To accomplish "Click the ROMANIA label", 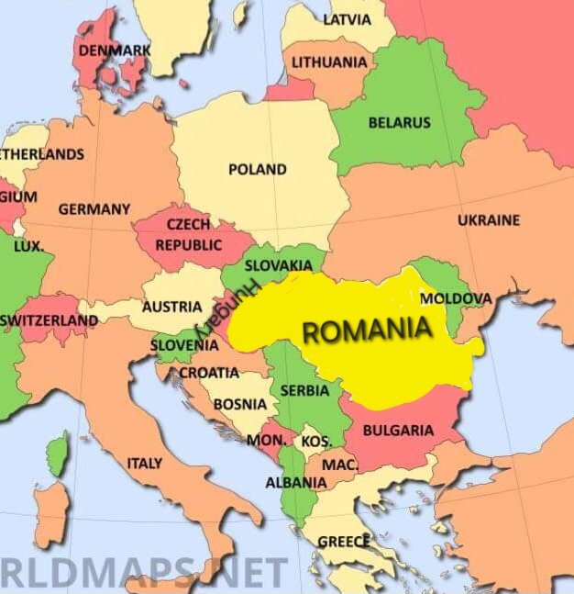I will [367, 330].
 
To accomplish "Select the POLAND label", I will [257, 169].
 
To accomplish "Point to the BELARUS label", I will [399, 122].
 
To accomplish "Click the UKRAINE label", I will [489, 220].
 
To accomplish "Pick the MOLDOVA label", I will [456, 298].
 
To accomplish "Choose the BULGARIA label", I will [398, 430].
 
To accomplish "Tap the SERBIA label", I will [304, 390].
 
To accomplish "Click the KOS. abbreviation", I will [315, 442].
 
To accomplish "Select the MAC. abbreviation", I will [339, 465].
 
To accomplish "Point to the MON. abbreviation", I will [266, 441].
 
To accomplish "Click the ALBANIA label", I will [295, 482].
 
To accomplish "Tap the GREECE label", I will [344, 542].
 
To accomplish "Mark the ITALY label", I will [144, 464].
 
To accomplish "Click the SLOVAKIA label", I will [278, 265].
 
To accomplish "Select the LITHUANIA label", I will [329, 62].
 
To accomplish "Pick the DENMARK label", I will [115, 50].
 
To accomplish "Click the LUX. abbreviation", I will [28, 246].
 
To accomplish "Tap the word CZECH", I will [188, 224].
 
